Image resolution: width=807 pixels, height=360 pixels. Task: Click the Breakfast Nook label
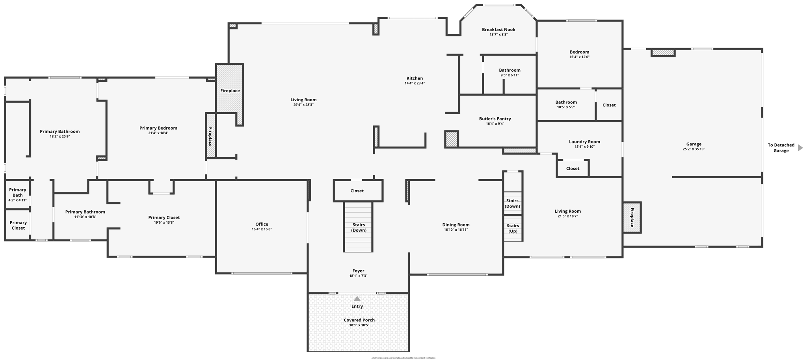[498, 30]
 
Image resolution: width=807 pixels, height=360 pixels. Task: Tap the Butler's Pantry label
[495, 119]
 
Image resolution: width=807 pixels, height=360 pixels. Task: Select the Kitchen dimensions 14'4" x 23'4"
[415, 84]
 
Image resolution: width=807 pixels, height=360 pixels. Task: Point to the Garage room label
[694, 144]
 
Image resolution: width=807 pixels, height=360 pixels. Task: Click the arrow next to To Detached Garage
[800, 148]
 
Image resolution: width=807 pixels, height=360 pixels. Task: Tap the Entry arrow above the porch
[357, 299]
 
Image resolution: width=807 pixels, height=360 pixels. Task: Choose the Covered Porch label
[359, 320]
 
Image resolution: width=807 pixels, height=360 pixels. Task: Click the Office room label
[262, 224]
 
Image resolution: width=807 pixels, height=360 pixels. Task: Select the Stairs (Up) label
[513, 228]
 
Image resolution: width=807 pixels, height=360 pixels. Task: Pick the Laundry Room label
[584, 142]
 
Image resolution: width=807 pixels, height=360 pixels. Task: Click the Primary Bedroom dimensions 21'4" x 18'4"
[158, 133]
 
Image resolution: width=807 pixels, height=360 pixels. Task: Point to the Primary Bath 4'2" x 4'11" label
[18, 195]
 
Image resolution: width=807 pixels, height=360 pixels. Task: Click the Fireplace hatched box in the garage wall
[632, 217]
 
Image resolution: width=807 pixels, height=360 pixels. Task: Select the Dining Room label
[456, 225]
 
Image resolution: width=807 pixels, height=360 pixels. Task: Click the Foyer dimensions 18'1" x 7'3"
[358, 276]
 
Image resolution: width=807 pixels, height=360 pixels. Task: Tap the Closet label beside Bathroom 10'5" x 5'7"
[609, 105]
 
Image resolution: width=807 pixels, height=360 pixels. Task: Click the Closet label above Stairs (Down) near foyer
[357, 191]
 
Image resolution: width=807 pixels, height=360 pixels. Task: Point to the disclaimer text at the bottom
[403, 358]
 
